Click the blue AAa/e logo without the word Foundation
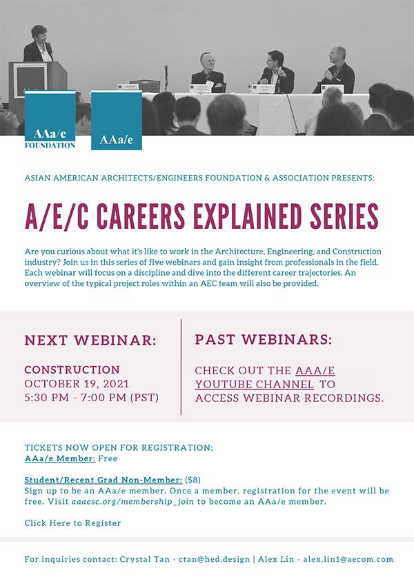117,120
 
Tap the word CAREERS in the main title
141,216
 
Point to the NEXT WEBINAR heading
90,340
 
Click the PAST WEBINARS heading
263,339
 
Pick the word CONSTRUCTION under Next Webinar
72,369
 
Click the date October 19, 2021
77,384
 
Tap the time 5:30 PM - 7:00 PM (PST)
91,398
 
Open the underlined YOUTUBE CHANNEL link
255,385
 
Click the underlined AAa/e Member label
60,458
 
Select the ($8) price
193,480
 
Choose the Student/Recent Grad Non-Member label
103,480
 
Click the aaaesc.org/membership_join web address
132,502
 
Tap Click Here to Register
72,523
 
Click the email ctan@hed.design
214,559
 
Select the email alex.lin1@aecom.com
348,559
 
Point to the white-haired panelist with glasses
208,72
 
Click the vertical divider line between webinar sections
181,367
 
